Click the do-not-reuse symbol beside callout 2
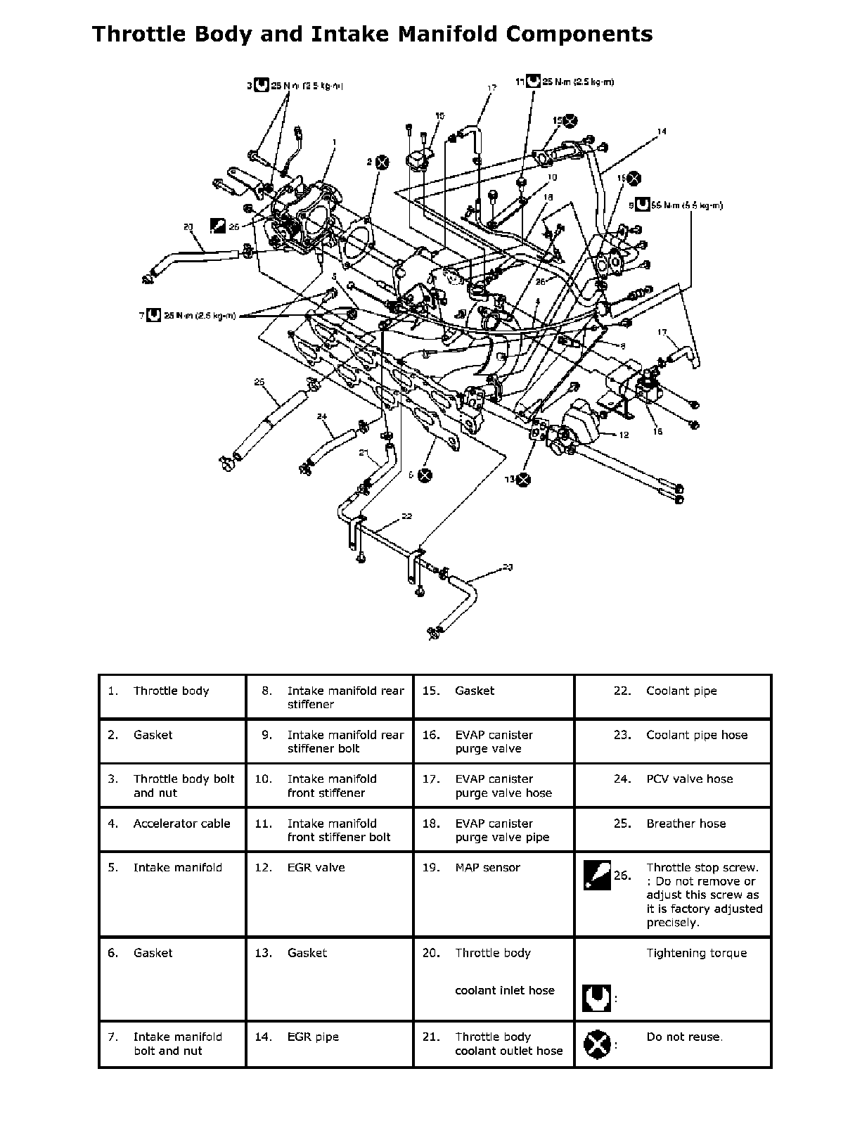click(382, 162)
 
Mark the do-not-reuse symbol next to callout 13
click(522, 480)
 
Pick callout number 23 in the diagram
click(508, 566)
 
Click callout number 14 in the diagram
click(662, 131)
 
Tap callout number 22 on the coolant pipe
click(406, 516)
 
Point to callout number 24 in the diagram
click(322, 416)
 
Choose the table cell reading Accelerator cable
click(181, 824)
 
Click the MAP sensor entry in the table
click(487, 868)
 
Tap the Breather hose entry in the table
click(686, 824)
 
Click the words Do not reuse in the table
click(684, 1037)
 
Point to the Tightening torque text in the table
click(696, 953)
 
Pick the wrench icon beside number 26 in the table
click(597, 876)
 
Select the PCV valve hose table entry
click(689, 779)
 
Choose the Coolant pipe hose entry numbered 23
click(697, 735)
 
